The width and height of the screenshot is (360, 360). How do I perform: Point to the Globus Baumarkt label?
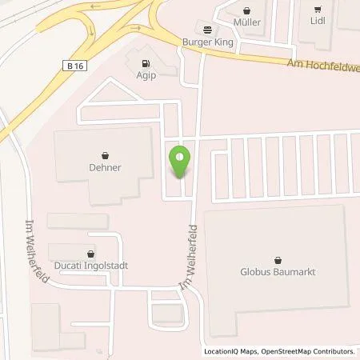278,272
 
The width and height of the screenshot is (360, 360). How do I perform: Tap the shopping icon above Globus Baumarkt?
278,259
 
